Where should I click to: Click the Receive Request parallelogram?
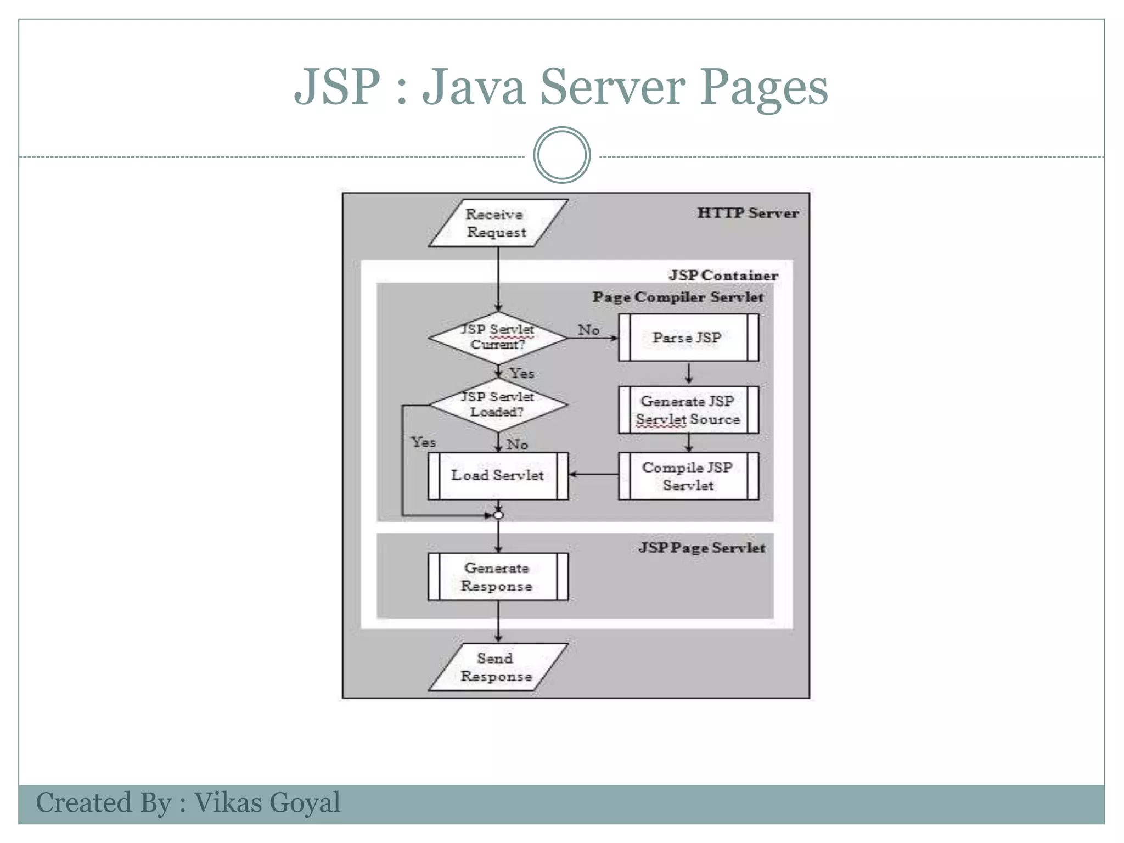[x=497, y=223]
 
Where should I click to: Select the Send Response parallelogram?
[x=497, y=667]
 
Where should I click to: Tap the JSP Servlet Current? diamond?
[x=497, y=337]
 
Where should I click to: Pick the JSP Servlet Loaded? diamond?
[x=497, y=404]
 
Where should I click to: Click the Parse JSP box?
[x=688, y=338]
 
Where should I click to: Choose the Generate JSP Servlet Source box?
[x=688, y=410]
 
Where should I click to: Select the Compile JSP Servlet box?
[x=688, y=476]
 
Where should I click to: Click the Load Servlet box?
[x=497, y=475]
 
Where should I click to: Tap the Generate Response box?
[x=497, y=577]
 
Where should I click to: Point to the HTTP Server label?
[x=748, y=213]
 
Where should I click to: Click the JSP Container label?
[x=723, y=276]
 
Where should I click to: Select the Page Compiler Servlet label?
[x=677, y=297]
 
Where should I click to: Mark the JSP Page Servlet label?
[x=701, y=548]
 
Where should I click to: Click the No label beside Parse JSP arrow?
[x=588, y=330]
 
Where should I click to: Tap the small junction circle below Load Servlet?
[x=498, y=515]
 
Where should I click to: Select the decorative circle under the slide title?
[x=561, y=155]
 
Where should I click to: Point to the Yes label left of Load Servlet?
[x=423, y=442]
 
